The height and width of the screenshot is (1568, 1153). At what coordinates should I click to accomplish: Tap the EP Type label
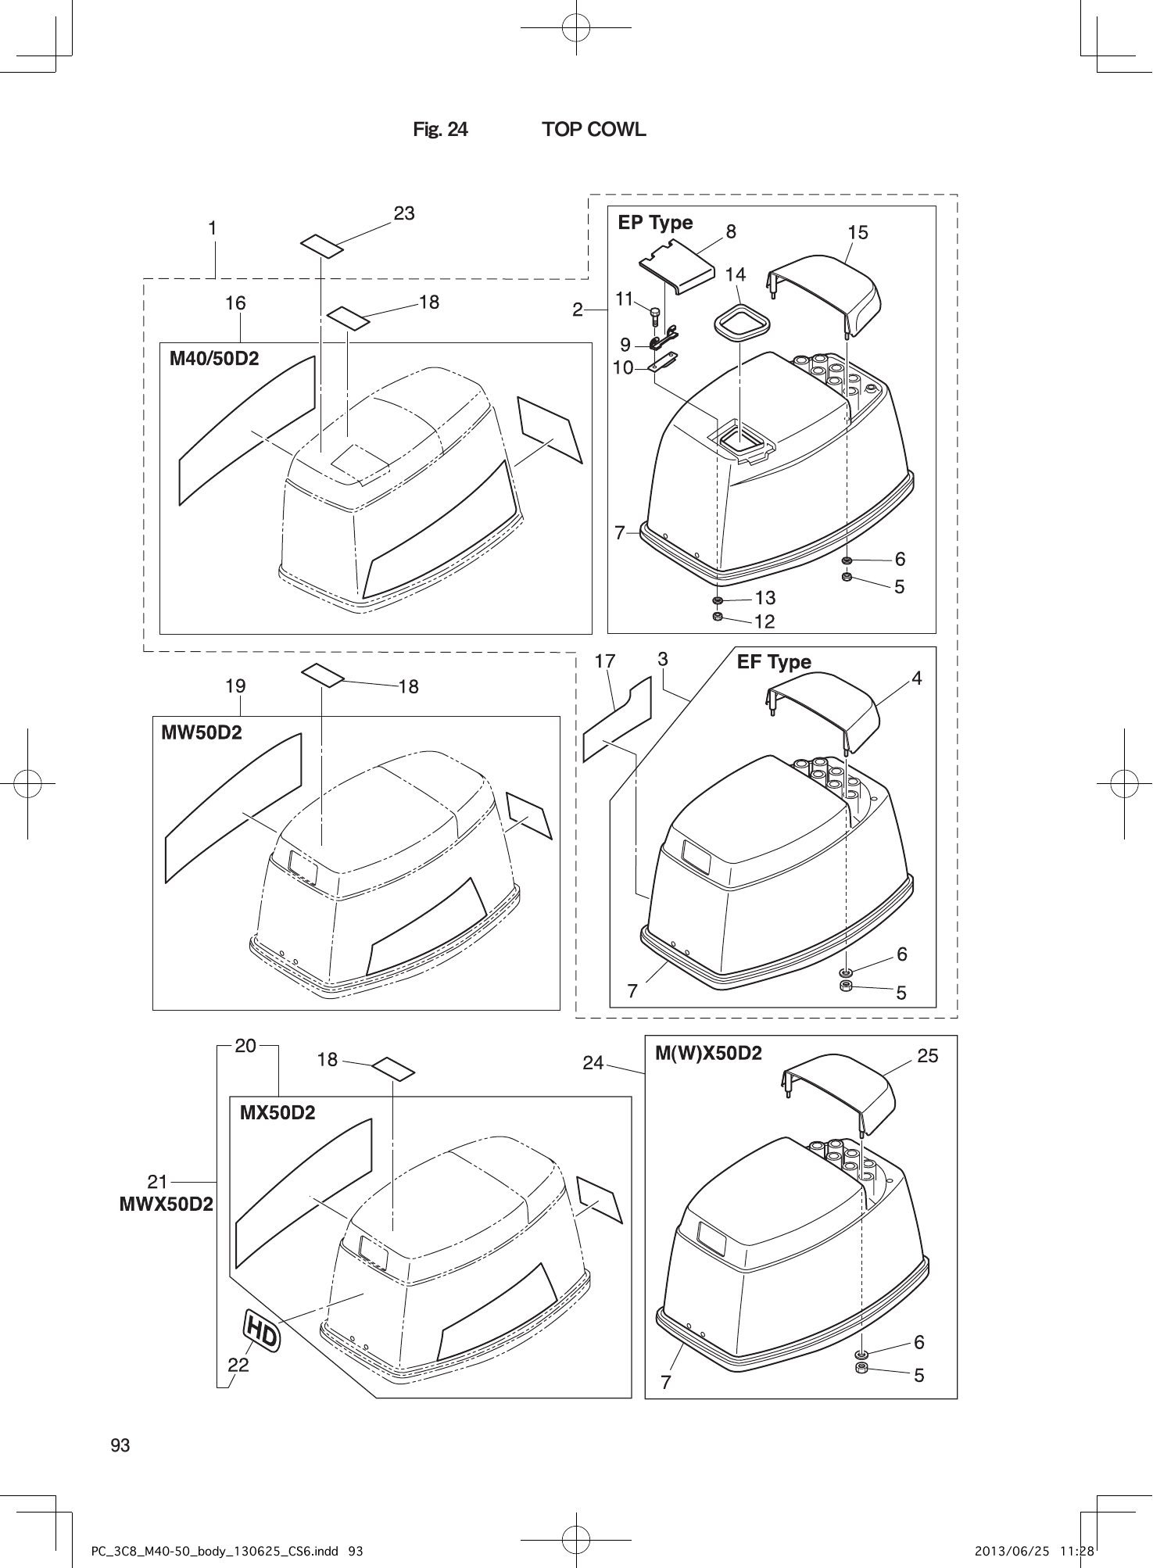(655, 223)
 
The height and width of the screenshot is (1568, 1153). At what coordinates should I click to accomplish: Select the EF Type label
(774, 662)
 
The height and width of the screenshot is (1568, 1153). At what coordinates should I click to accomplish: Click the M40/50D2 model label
(214, 359)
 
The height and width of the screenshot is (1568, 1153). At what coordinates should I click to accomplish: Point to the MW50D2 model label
(202, 732)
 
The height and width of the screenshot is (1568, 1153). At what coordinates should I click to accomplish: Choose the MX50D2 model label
(278, 1112)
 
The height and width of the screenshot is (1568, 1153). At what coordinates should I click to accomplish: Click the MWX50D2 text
(166, 1204)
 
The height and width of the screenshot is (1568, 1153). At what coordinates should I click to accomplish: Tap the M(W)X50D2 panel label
(708, 1053)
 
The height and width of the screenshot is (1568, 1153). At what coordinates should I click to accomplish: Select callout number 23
(404, 213)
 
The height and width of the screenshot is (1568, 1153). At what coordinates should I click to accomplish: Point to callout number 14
(736, 274)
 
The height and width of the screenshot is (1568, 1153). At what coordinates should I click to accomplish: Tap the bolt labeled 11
(655, 315)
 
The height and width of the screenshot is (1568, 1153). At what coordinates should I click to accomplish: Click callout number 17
(604, 661)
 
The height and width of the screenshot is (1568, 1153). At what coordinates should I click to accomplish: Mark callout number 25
(927, 1056)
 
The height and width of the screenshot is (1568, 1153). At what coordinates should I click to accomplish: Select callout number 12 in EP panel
(764, 621)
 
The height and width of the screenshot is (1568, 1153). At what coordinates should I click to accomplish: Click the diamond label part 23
(322, 245)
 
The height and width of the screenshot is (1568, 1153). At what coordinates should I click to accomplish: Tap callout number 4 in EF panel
(917, 678)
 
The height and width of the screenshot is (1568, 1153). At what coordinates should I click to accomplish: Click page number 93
(120, 1445)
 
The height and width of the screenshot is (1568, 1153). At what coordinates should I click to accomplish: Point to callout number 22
(238, 1365)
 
